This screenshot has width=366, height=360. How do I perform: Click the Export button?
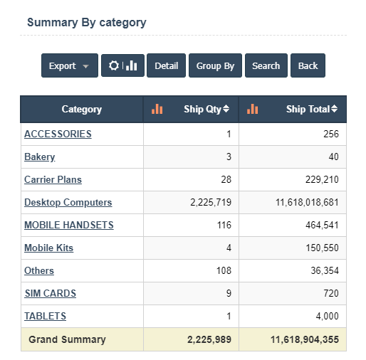(70, 65)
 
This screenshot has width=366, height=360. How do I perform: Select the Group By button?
(215, 65)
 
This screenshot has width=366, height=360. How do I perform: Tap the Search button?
(266, 65)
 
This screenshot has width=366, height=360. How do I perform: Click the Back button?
(308, 65)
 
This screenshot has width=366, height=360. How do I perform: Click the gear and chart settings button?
(122, 65)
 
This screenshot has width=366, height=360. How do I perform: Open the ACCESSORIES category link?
(58, 134)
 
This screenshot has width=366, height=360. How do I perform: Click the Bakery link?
(40, 157)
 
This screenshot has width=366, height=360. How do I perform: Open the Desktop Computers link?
(68, 203)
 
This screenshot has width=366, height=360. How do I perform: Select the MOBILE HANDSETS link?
(69, 225)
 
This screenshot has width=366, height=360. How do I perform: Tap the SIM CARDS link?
(51, 293)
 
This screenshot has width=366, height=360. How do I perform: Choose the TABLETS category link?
(45, 316)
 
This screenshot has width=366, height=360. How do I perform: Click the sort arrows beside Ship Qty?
(226, 109)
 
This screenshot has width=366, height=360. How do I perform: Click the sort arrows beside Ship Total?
(334, 109)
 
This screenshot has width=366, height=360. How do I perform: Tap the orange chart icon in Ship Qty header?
(157, 109)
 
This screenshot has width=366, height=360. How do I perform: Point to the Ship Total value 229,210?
(322, 179)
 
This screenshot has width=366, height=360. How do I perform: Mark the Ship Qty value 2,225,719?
(211, 202)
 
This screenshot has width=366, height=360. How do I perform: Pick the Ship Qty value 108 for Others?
(224, 270)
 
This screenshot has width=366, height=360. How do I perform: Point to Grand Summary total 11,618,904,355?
(305, 339)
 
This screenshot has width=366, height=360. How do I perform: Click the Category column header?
(82, 110)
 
